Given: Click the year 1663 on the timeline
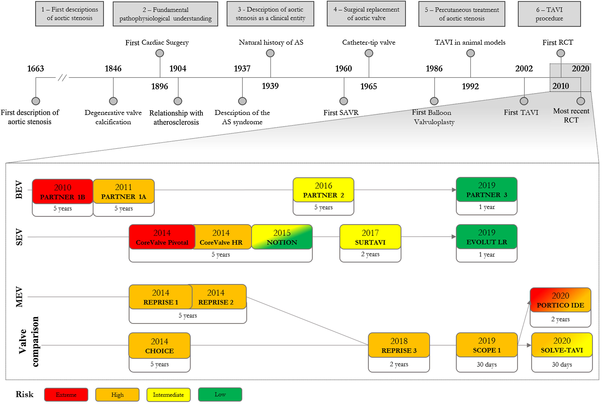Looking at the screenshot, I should coord(36,69).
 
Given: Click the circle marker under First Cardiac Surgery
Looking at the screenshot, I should coord(160,53).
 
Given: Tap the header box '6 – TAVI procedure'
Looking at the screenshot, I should coord(549,14).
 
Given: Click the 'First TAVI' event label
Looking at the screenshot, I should coord(521,112).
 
